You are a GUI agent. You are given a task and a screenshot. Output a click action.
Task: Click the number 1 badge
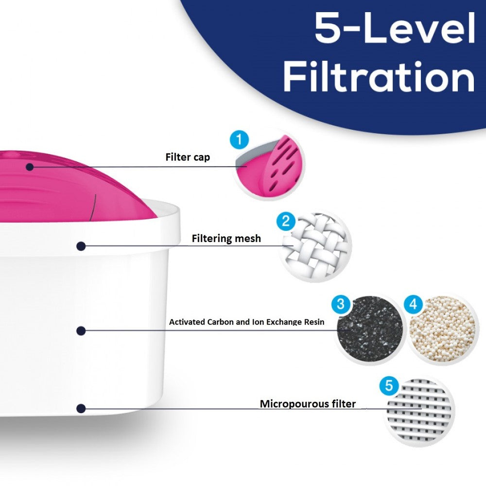[x=238, y=140]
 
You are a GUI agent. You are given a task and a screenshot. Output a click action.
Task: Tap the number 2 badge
[x=286, y=222]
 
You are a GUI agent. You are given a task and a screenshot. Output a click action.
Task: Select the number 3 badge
[x=341, y=305]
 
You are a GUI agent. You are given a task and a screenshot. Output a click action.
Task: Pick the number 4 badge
[x=414, y=305]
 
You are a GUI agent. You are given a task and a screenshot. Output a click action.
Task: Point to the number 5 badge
[x=389, y=386]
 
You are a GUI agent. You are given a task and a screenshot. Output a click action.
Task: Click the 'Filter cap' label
[x=188, y=157]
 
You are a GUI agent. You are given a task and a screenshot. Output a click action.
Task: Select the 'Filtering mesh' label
[x=226, y=239]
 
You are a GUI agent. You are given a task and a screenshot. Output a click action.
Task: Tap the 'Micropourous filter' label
[x=308, y=404]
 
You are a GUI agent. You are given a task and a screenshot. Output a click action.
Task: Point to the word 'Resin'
[x=312, y=322]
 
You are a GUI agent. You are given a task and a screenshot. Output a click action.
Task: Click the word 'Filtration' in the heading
[x=379, y=77]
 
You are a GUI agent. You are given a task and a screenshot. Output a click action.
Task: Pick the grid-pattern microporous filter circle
[x=419, y=411]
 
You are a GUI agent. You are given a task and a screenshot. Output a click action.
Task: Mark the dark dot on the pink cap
[x=30, y=167]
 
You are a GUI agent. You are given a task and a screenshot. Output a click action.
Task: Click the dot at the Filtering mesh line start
[x=81, y=246]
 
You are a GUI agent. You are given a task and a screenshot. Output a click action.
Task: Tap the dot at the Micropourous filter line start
[x=81, y=408]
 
